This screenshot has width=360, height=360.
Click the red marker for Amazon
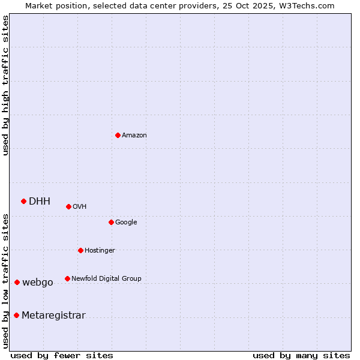pyautogui.click(x=118, y=135)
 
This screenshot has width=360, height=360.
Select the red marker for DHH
pyautogui.click(x=23, y=201)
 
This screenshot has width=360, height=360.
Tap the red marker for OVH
pyautogui.click(x=68, y=206)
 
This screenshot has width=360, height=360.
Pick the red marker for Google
pyautogui.click(x=111, y=222)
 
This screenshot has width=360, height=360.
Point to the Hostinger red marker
pyautogui.click(x=80, y=250)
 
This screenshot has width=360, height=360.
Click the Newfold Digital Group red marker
pyautogui.click(x=67, y=278)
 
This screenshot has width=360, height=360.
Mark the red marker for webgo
pyautogui.click(x=17, y=282)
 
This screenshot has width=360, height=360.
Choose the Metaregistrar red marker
pyautogui.click(x=16, y=316)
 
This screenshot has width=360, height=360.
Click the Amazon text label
pyautogui.click(x=134, y=136)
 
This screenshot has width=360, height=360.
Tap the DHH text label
pyautogui.click(x=40, y=202)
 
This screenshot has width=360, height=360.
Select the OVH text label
pyautogui.click(x=80, y=207)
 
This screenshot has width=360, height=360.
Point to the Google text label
pyautogui.click(x=126, y=223)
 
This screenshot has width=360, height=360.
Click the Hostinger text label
pyautogui.click(x=100, y=251)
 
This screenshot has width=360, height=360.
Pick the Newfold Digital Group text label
pyautogui.click(x=106, y=279)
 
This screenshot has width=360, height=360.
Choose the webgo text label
pyautogui.click(x=38, y=283)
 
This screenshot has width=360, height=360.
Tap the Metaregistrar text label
pyautogui.click(x=53, y=316)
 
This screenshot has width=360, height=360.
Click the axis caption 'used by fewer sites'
pyautogui.click(x=62, y=355)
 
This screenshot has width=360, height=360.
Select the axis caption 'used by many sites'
pyautogui.click(x=301, y=355)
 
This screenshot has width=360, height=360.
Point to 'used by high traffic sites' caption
pyautogui.click(x=5, y=86)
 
